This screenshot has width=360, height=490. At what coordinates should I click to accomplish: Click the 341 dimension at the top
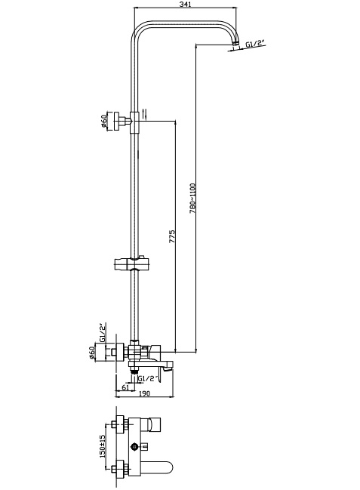click(186, 4)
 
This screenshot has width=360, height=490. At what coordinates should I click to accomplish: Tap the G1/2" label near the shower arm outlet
click(254, 45)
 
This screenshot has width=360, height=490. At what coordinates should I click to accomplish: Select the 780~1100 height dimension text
click(192, 199)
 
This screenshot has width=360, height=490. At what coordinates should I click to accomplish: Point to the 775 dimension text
click(172, 237)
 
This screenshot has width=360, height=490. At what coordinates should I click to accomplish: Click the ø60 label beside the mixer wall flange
click(91, 353)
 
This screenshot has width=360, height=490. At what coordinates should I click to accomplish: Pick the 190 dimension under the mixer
click(144, 394)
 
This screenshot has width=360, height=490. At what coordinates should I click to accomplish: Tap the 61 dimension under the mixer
click(125, 387)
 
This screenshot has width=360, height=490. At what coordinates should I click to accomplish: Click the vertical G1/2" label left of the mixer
click(102, 332)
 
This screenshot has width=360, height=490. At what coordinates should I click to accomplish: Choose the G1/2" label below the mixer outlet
click(147, 378)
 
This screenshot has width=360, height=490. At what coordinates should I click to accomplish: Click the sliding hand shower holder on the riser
click(133, 264)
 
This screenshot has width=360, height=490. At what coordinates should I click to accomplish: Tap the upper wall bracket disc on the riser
click(118, 120)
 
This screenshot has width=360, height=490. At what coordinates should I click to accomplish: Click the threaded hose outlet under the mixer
click(134, 370)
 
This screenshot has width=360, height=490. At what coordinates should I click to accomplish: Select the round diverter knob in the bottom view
click(135, 447)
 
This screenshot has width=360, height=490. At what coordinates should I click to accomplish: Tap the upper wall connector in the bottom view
click(120, 424)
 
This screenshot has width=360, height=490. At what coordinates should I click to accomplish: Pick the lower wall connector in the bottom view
click(120, 469)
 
